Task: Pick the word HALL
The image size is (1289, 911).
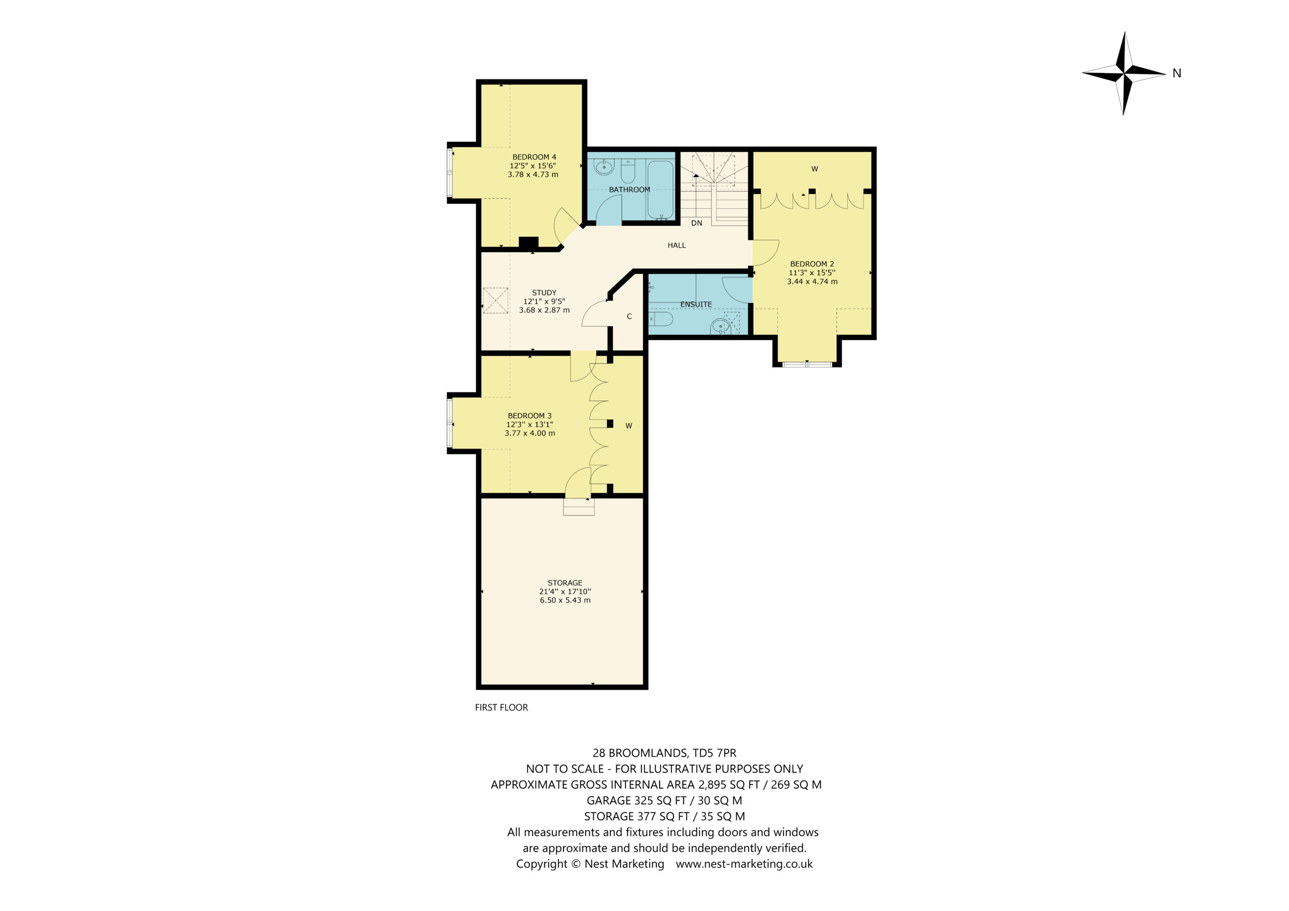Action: click(x=677, y=245)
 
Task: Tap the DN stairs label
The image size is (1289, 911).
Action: click(x=697, y=223)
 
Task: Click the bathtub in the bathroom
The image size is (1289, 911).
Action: click(x=661, y=190)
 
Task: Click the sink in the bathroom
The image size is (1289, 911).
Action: click(x=604, y=167)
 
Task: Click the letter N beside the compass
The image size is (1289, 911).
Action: click(x=1177, y=73)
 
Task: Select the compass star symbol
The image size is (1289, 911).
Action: click(x=1124, y=73)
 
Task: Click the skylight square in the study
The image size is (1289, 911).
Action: click(x=495, y=300)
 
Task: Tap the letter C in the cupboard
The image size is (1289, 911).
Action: click(x=629, y=317)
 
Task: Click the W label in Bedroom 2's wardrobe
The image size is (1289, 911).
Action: click(x=815, y=169)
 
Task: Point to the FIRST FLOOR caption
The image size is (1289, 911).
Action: click(x=502, y=707)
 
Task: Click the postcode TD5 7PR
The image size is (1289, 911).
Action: click(x=714, y=753)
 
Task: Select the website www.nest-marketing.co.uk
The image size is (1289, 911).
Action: click(x=744, y=864)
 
